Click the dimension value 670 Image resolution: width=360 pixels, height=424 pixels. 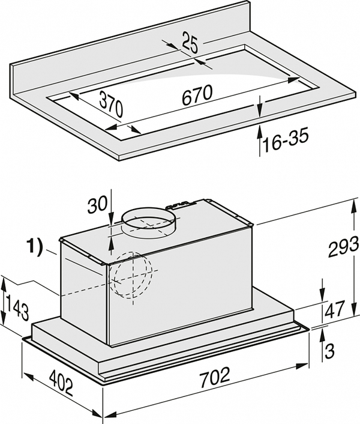coord(196,95)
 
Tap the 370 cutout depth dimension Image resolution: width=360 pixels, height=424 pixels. coord(110,105)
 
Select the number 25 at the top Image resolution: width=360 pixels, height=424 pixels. coord(190,42)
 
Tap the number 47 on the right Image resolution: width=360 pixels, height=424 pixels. coord(335,309)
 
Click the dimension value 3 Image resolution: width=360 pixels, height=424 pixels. coord(329,351)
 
